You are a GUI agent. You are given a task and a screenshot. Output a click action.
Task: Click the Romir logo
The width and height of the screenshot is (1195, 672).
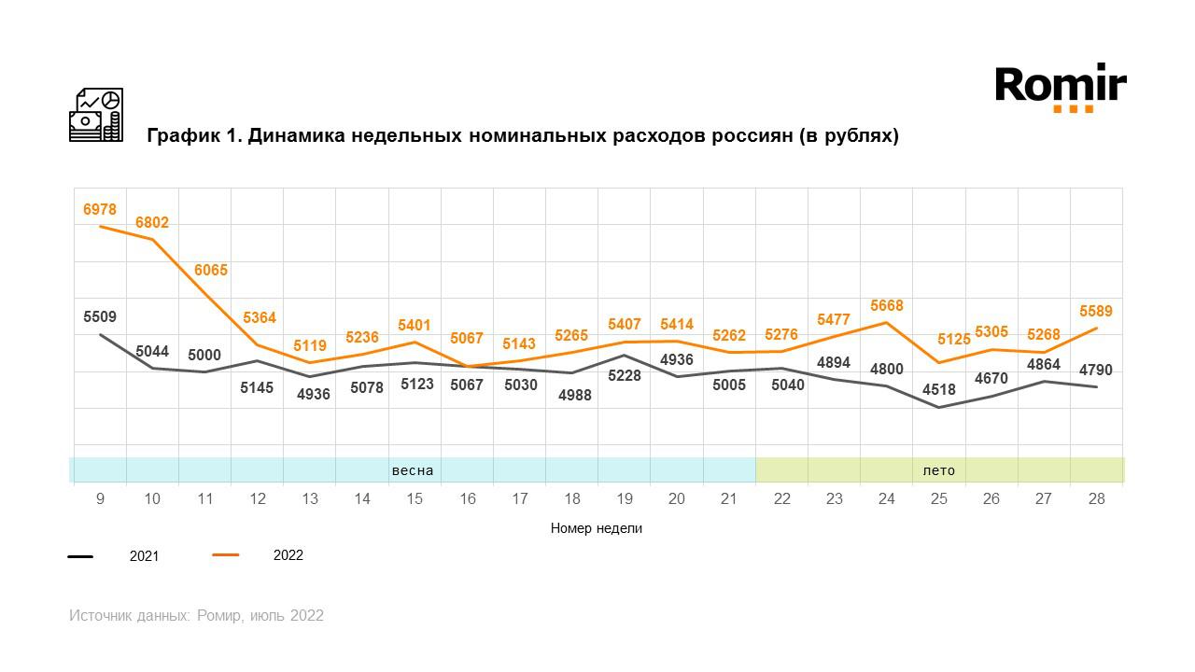(x=1061, y=87)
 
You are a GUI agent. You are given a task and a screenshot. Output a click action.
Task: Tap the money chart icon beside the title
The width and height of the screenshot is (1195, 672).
(x=96, y=115)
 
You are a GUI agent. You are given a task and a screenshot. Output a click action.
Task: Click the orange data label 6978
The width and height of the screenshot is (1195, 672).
(x=100, y=209)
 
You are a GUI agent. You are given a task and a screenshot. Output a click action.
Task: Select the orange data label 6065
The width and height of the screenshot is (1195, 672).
(x=211, y=271)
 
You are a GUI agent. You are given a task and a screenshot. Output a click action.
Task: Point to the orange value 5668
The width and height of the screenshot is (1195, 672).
(x=886, y=306)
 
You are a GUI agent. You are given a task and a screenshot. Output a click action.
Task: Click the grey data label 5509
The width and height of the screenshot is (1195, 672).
(x=100, y=317)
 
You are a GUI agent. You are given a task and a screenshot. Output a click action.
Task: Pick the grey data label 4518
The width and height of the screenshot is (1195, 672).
(x=938, y=416)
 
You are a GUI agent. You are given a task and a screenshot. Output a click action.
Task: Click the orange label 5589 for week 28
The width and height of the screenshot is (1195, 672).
(x=1096, y=312)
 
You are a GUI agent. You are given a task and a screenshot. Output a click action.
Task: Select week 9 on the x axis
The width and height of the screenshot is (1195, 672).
(x=100, y=499)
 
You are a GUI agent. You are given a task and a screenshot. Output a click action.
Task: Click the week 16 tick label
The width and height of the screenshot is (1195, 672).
(x=467, y=499)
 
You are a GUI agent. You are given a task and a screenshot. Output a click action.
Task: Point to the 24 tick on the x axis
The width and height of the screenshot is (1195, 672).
(x=886, y=499)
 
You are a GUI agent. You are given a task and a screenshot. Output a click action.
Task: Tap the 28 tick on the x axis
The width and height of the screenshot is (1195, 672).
(x=1096, y=499)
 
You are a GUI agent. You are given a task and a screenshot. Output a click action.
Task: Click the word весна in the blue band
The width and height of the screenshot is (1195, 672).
(x=413, y=470)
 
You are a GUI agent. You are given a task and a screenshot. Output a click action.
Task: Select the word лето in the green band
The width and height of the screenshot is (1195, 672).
(x=938, y=470)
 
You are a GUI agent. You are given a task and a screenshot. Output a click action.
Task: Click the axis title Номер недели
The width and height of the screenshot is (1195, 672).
(x=596, y=528)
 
